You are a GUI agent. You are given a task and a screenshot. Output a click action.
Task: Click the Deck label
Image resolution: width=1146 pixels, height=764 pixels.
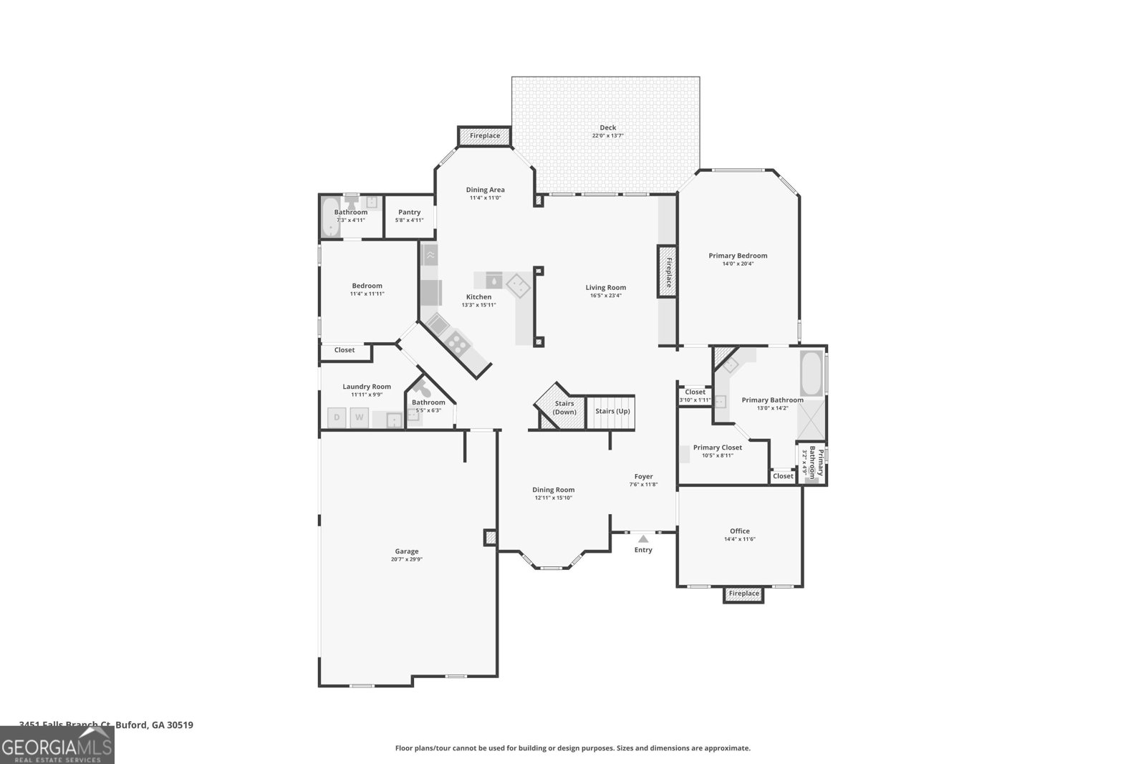click(x=607, y=127)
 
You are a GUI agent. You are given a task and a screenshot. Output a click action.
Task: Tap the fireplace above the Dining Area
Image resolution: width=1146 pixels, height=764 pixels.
click(x=485, y=135)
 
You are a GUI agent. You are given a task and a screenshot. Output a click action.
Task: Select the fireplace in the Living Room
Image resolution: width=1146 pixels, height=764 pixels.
click(x=668, y=272)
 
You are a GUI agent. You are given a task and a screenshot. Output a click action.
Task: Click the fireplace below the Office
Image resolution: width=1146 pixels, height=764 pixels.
click(x=743, y=594)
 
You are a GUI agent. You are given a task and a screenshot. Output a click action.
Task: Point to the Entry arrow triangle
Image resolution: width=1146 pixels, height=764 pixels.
click(x=643, y=538)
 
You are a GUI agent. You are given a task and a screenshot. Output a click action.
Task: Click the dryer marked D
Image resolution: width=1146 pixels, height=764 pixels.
click(x=337, y=417)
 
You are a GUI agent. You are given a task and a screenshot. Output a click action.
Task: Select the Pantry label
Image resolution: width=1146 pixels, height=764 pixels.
click(x=410, y=212)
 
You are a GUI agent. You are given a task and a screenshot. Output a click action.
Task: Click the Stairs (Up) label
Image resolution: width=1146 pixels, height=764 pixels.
click(x=612, y=411)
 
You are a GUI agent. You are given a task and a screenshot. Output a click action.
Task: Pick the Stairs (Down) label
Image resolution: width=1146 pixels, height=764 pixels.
click(x=564, y=407)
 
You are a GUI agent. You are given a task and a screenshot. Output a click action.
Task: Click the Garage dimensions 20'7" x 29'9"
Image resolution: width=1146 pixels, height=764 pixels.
click(x=406, y=559)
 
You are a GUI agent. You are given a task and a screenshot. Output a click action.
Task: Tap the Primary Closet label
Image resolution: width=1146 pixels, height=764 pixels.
click(x=717, y=448)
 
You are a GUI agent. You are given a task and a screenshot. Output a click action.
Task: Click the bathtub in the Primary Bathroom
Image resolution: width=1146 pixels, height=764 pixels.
click(x=812, y=374)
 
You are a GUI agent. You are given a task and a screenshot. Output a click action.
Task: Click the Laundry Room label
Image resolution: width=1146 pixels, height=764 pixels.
click(x=367, y=387)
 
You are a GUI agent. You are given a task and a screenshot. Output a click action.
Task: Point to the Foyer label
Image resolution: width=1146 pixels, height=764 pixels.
click(x=643, y=476)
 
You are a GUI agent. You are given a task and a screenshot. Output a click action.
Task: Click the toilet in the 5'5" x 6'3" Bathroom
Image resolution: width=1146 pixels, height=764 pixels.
click(x=422, y=390)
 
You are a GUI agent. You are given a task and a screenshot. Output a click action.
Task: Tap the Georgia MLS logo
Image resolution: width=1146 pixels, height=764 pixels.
click(x=57, y=745)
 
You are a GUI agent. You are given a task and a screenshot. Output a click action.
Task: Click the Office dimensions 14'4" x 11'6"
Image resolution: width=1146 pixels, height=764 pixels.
click(x=740, y=539)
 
